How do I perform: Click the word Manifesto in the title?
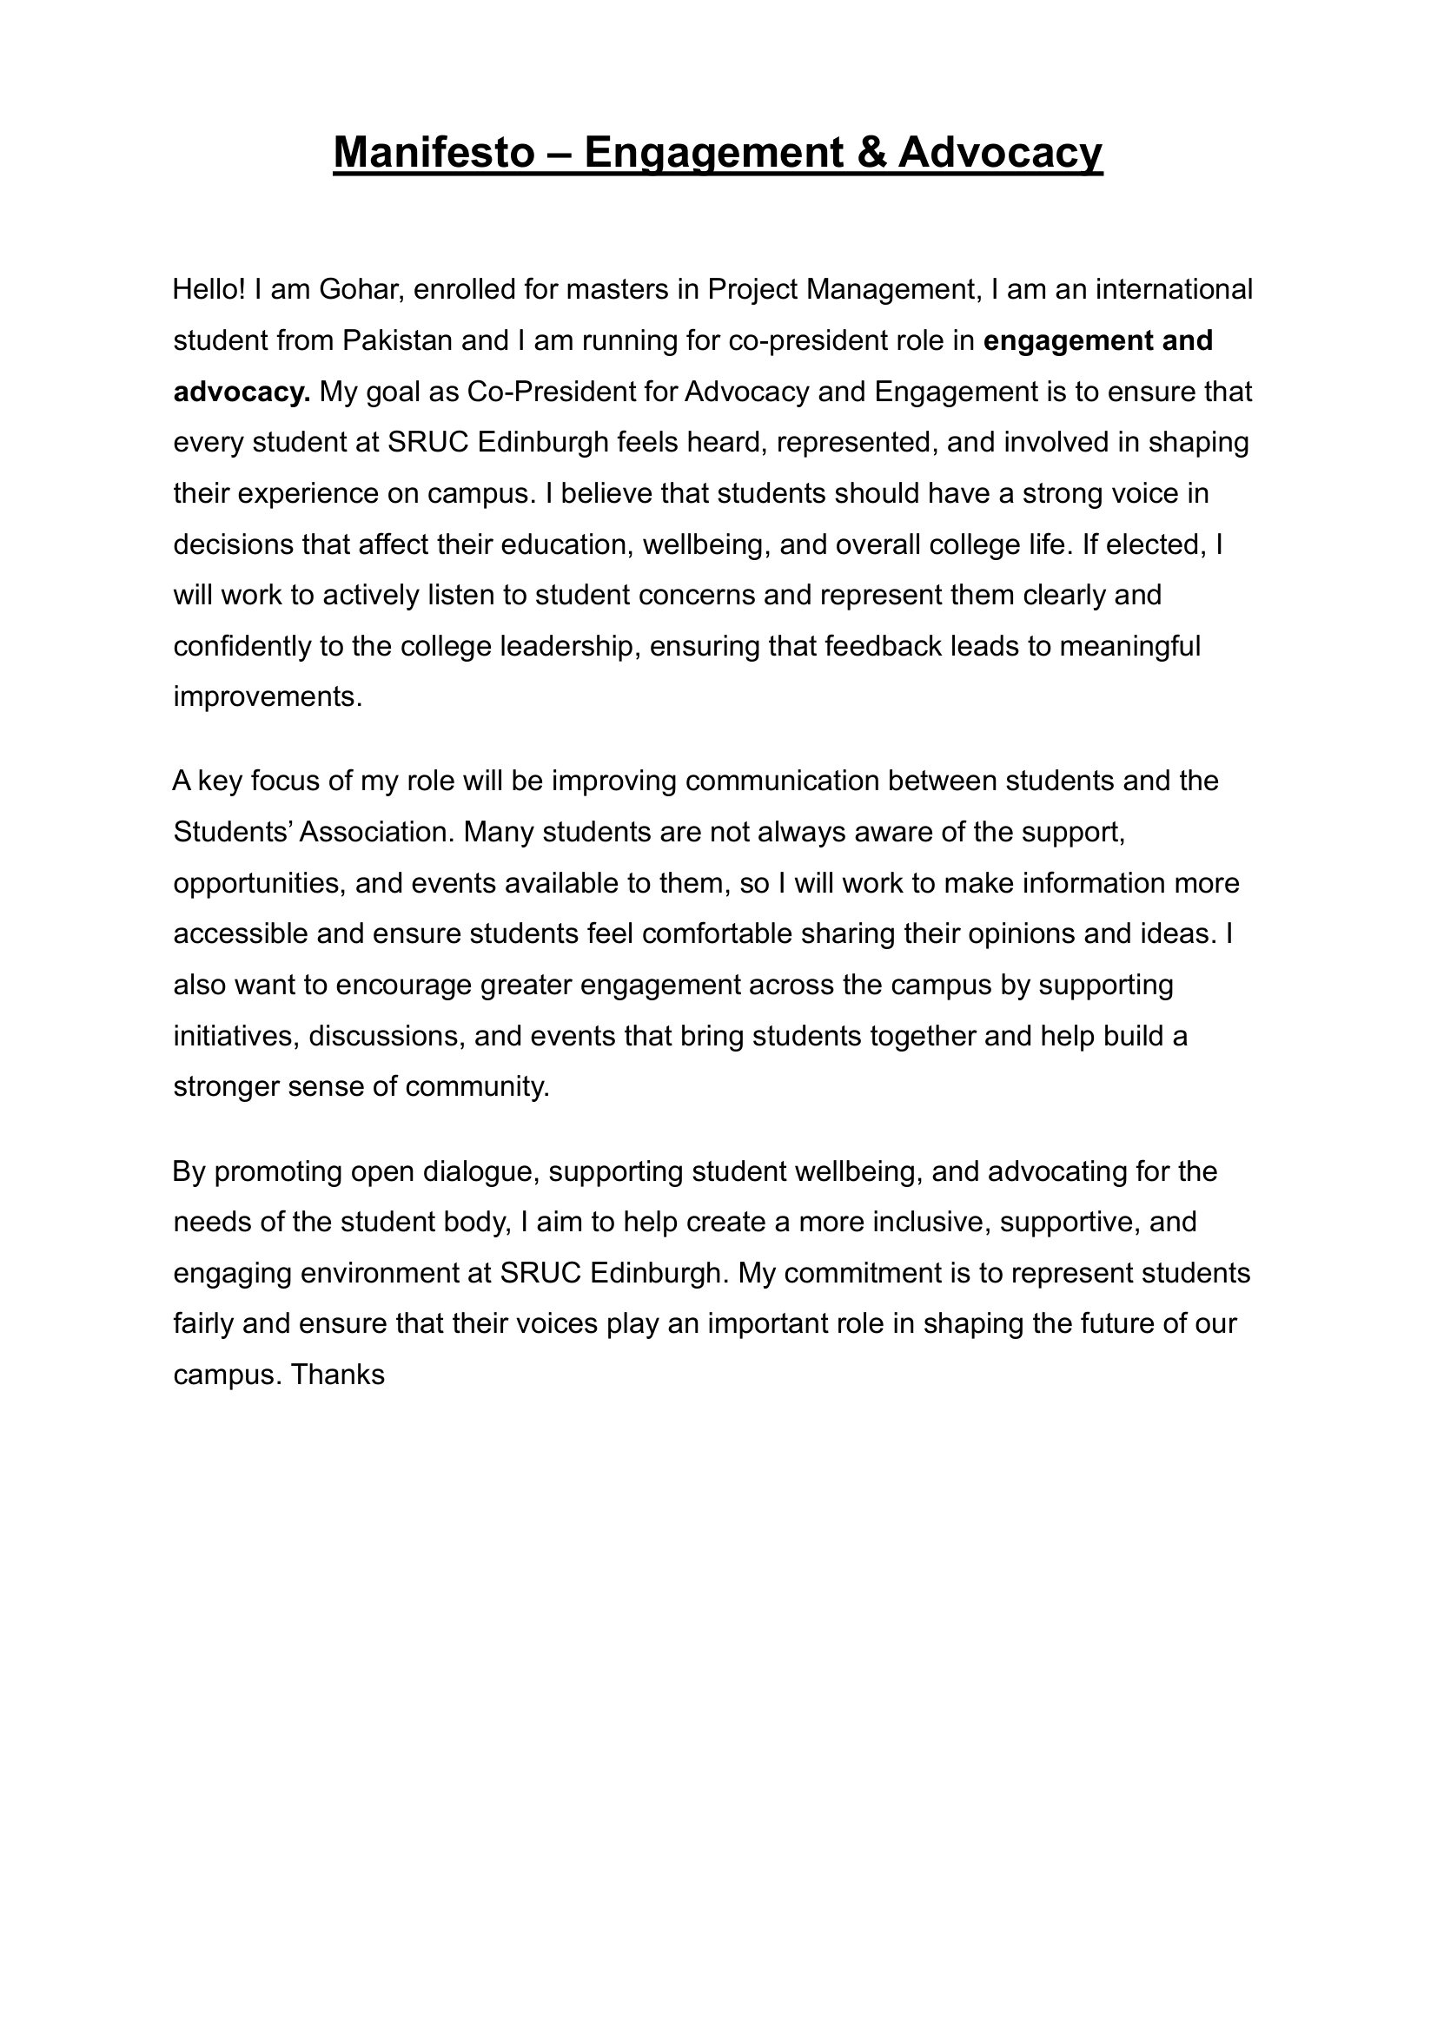tap(434, 152)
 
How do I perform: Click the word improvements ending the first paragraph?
tap(268, 697)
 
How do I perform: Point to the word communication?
tap(782, 781)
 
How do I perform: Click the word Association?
tap(377, 833)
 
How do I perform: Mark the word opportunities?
tap(255, 884)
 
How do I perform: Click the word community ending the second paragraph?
tap(477, 1087)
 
